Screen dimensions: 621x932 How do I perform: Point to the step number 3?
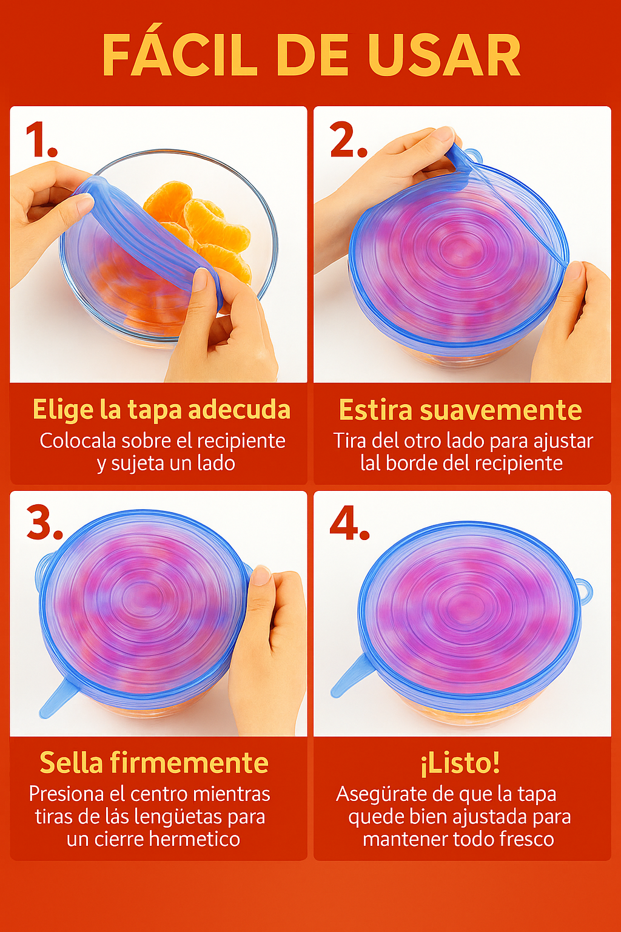coord(44,522)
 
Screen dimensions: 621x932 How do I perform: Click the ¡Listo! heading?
coord(460,763)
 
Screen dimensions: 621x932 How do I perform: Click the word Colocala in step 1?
coord(78,441)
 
